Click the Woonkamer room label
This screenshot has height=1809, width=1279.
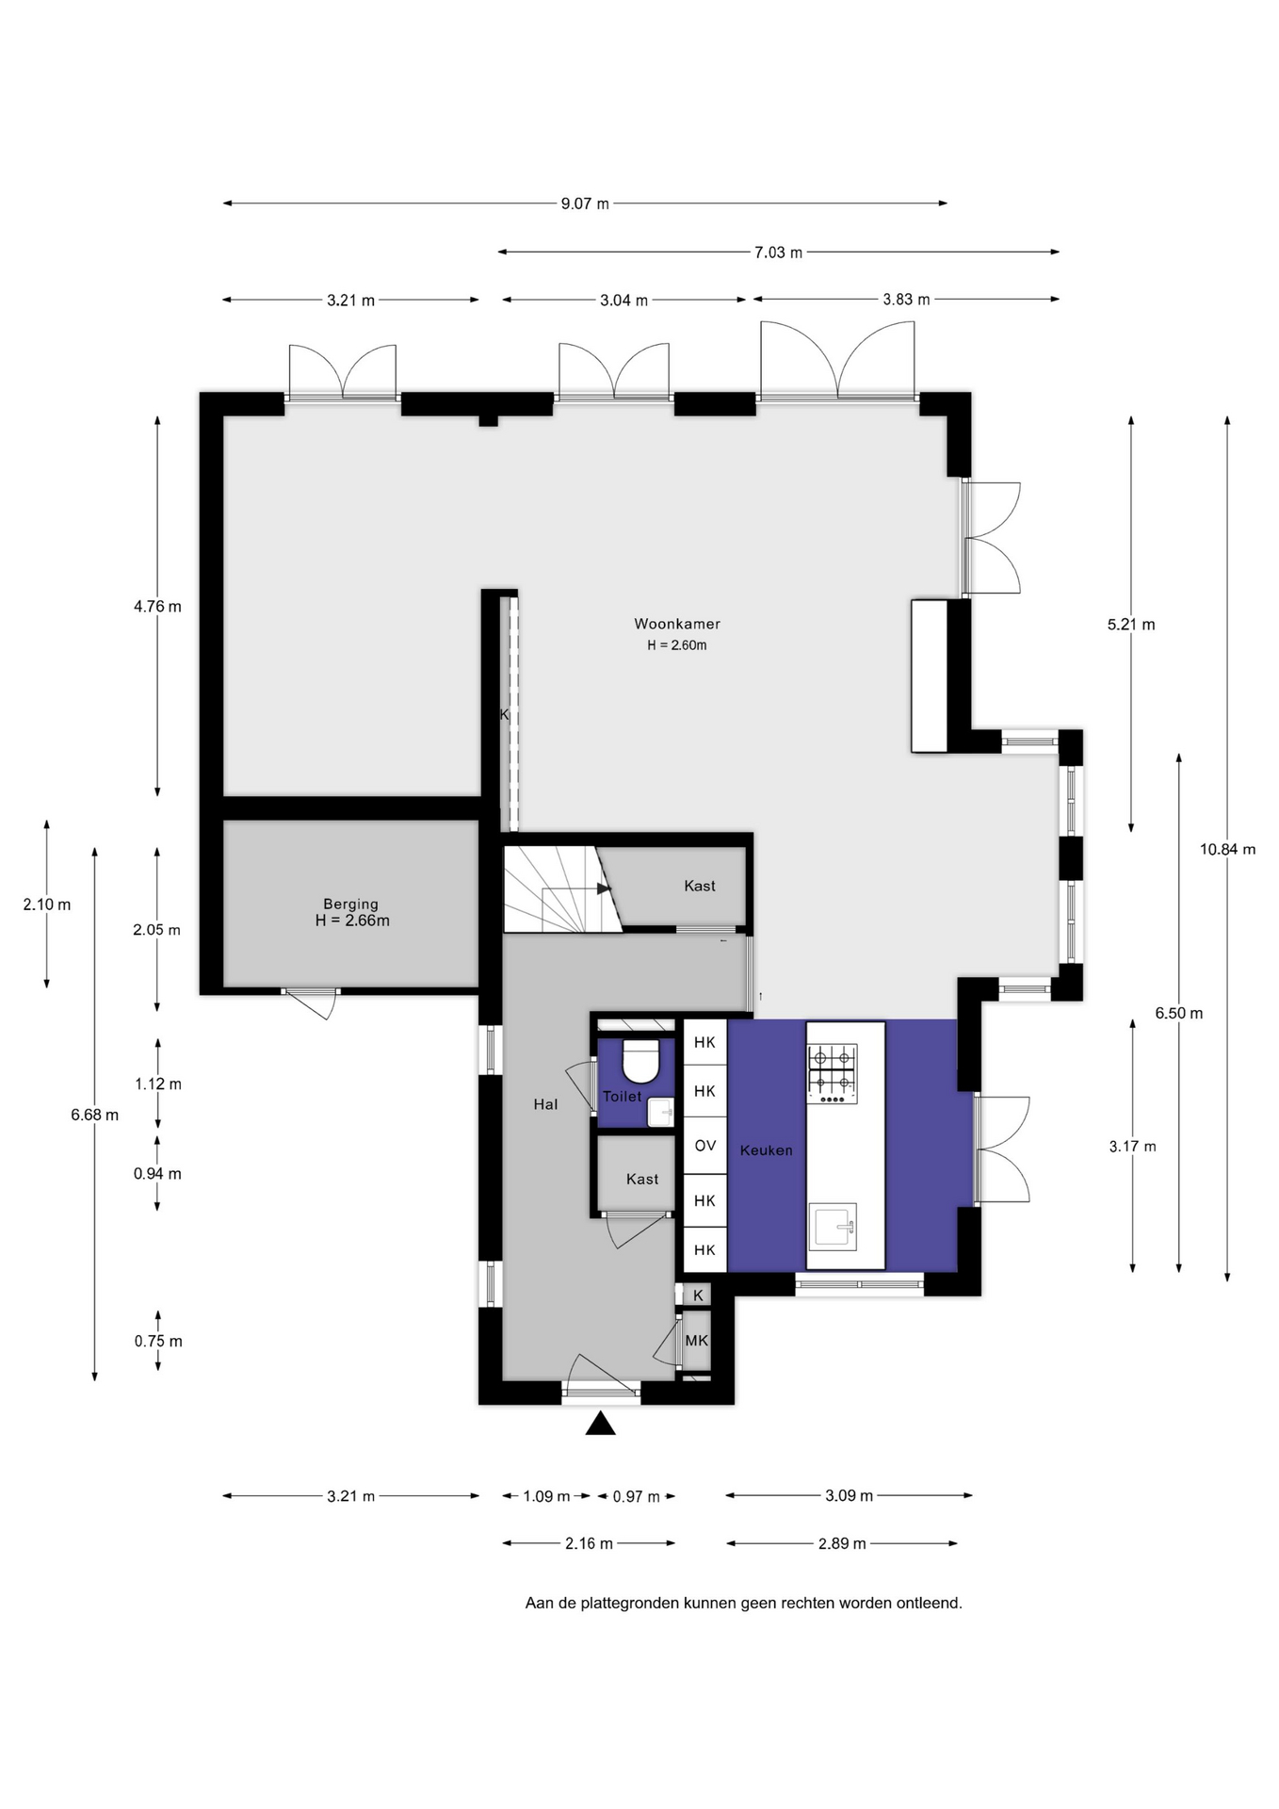pyautogui.click(x=677, y=624)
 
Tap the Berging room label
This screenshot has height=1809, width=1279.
pyautogui.click(x=351, y=904)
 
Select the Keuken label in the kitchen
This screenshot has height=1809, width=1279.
pyautogui.click(x=766, y=1150)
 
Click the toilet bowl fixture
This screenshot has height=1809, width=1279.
pyautogui.click(x=641, y=1062)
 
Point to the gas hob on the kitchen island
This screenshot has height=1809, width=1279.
pyautogui.click(x=833, y=1072)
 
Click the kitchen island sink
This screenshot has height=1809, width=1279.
pyautogui.click(x=834, y=1227)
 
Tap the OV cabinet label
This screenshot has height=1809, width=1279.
pyautogui.click(x=705, y=1146)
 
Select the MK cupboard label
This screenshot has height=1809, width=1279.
pyautogui.click(x=697, y=1340)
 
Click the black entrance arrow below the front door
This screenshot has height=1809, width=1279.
pyautogui.click(x=601, y=1424)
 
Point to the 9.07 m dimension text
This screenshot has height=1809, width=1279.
pyautogui.click(x=585, y=204)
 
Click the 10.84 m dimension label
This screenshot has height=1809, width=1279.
pyautogui.click(x=1227, y=849)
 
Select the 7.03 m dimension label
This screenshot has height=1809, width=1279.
pyautogui.click(x=778, y=253)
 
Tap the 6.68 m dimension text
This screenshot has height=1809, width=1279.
pyautogui.click(x=94, y=1116)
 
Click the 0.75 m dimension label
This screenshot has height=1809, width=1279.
pyautogui.click(x=158, y=1342)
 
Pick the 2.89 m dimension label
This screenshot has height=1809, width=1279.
pyautogui.click(x=842, y=1543)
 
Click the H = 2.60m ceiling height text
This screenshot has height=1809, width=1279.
pyautogui.click(x=677, y=645)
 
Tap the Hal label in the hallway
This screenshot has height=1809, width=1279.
pyautogui.click(x=545, y=1104)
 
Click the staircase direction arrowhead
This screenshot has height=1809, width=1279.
pyautogui.click(x=604, y=888)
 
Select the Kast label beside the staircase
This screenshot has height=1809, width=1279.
pyautogui.click(x=700, y=886)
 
